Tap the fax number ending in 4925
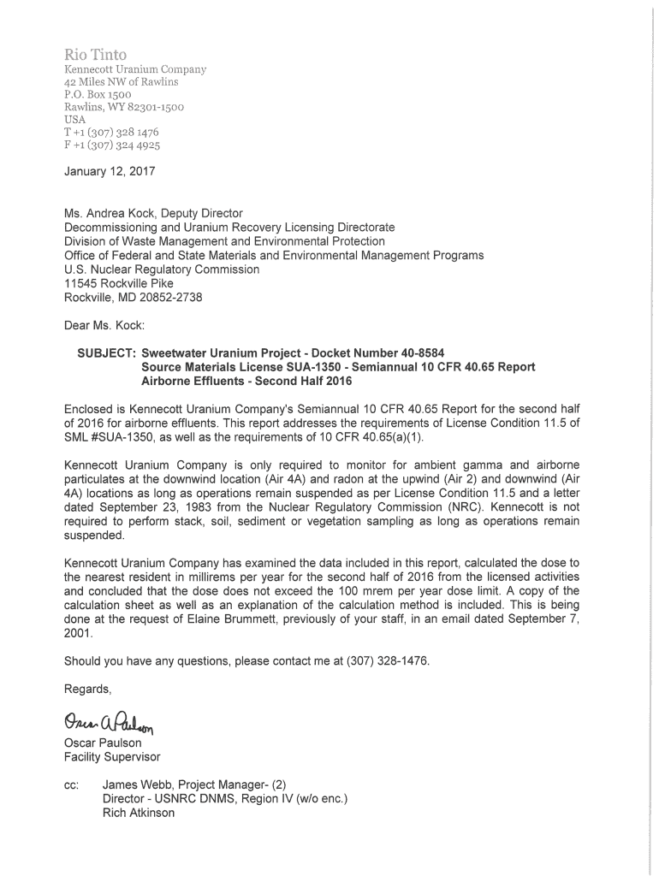[112, 145]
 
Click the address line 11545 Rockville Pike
[119, 283]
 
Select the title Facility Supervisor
[112, 757]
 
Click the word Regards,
[88, 688]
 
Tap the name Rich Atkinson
[138, 813]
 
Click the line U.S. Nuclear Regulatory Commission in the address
[162, 269]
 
